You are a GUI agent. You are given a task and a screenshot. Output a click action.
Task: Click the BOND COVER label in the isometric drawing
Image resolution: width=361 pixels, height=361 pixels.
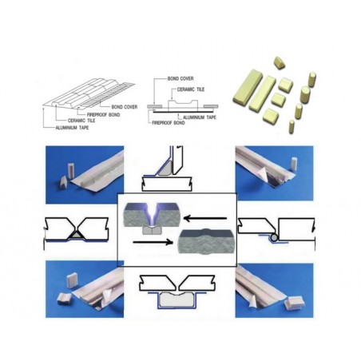tap(125, 107)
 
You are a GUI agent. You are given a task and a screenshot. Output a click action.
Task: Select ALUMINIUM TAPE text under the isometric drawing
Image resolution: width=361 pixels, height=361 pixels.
tap(72, 128)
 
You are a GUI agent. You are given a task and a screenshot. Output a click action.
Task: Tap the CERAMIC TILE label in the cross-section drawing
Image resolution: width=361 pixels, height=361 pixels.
tap(191, 89)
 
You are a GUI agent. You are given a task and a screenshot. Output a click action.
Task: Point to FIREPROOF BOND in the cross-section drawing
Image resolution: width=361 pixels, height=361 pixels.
tap(169, 123)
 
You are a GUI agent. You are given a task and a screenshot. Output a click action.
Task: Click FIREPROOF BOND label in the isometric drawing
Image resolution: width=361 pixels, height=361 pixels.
tap(103, 115)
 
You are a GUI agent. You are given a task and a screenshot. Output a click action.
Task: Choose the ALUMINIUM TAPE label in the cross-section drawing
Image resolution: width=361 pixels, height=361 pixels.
tap(200, 117)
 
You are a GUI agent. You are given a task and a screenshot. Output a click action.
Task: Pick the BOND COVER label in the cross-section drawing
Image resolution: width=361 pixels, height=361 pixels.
tap(180, 79)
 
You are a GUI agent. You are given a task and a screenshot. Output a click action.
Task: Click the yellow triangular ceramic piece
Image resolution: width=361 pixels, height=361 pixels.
tap(280, 63)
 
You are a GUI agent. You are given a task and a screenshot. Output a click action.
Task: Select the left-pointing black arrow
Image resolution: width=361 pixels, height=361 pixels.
tap(205, 219)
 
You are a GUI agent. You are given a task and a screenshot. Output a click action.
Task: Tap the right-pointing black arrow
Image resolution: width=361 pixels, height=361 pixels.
tap(153, 242)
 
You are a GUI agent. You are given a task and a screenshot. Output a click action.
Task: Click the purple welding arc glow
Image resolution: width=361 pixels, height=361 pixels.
tap(152, 214)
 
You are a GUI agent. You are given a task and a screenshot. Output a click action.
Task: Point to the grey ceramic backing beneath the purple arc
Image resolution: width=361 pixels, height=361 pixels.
tap(153, 230)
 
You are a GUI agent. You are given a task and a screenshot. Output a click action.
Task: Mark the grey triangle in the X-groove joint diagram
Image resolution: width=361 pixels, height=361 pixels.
tap(77, 235)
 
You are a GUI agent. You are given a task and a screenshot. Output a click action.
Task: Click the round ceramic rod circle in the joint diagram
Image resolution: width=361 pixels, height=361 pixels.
tap(274, 237)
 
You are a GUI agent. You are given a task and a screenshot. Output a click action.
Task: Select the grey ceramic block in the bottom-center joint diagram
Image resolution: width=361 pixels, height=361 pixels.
tap(177, 299)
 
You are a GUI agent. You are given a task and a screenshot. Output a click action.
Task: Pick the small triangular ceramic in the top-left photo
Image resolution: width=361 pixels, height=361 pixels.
tap(64, 181)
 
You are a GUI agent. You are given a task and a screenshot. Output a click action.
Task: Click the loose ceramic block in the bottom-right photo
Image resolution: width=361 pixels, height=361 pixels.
tap(294, 303)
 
